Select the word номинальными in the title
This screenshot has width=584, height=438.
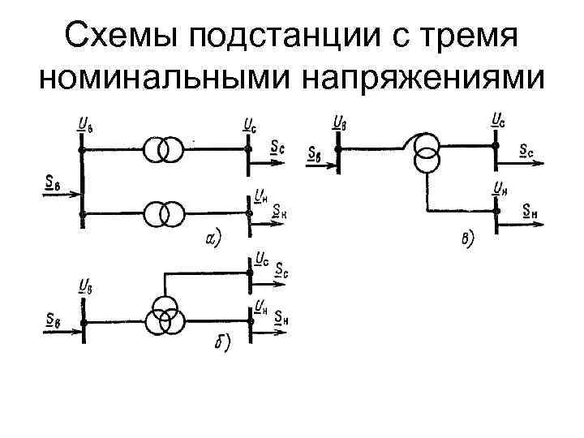click(x=165, y=79)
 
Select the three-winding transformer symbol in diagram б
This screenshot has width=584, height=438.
click(x=165, y=316)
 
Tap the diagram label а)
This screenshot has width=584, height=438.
click(x=213, y=238)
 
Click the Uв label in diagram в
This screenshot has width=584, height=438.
click(x=340, y=123)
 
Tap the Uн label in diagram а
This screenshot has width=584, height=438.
click(x=261, y=195)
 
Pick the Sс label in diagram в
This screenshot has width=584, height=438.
click(x=526, y=152)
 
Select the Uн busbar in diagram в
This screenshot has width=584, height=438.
click(x=495, y=213)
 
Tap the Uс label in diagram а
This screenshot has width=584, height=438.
click(x=251, y=125)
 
